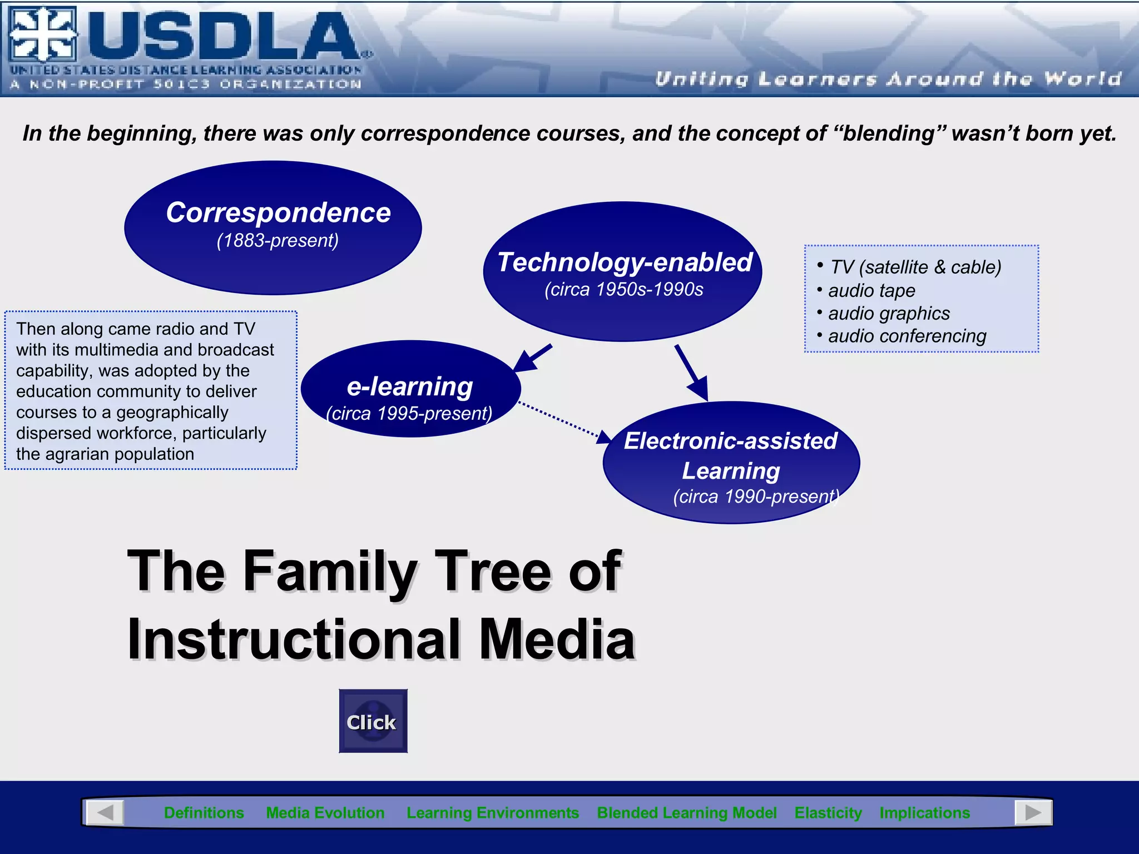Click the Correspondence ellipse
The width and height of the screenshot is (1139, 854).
[273, 227]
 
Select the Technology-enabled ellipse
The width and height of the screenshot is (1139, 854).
[622, 272]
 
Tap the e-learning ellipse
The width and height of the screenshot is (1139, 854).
[410, 389]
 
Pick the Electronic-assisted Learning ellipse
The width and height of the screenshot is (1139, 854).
[731, 463]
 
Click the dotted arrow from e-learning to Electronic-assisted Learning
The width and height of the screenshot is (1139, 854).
[562, 421]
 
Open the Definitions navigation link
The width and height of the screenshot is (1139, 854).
[204, 813]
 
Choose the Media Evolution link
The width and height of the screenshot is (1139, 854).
[325, 813]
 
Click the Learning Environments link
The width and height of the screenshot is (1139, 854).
[493, 813]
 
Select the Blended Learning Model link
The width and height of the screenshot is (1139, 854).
[686, 813]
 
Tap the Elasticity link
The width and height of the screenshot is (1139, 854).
[828, 813]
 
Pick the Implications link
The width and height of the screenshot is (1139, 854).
[924, 813]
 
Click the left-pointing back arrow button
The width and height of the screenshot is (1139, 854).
[105, 813]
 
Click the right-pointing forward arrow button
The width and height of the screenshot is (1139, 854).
[1033, 813]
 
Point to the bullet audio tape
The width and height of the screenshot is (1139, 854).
[871, 290]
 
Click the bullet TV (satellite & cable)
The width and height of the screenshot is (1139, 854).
[915, 267]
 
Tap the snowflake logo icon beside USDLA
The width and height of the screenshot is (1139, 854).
[42, 34]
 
